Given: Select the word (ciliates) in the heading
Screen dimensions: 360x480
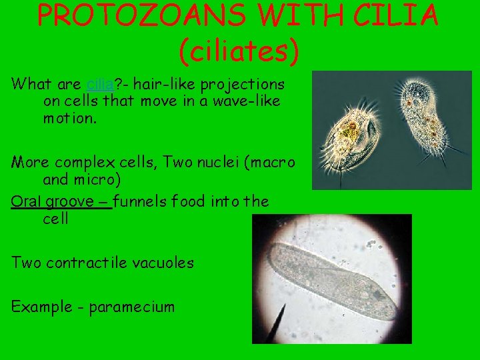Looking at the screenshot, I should [x=239, y=51].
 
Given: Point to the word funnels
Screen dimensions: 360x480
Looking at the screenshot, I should [x=141, y=201].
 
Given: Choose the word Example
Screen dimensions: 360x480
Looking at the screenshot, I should [x=39, y=307].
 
